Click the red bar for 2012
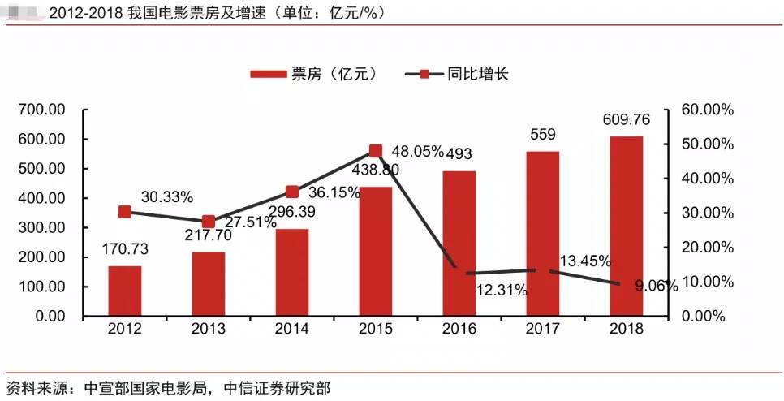(124, 291)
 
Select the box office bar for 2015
(375, 252)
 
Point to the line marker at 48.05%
(375, 151)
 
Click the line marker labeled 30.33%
(124, 212)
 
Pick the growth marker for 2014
(291, 192)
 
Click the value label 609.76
(627, 120)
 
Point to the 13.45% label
(585, 261)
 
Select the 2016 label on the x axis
(459, 329)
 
